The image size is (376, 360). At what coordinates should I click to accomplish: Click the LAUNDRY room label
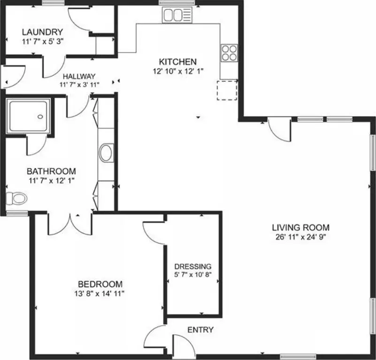click(x=42, y=32)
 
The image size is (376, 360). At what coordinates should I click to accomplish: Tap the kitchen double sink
click(x=177, y=15)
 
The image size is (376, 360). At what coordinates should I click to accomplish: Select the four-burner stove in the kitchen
click(x=229, y=53)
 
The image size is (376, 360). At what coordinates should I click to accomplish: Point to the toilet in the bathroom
click(x=16, y=199)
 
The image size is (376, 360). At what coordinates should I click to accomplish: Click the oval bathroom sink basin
click(x=106, y=153)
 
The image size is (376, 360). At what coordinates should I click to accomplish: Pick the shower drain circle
click(x=40, y=117)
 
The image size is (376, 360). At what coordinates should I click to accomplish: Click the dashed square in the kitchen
click(x=227, y=90)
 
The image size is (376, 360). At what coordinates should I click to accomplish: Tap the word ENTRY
click(x=200, y=330)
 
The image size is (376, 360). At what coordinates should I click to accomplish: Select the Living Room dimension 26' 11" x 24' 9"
click(x=301, y=237)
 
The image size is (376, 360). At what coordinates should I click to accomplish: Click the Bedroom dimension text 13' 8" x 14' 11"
click(x=99, y=293)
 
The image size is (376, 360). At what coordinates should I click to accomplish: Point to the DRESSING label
click(x=193, y=267)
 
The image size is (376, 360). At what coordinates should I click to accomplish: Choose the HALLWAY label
click(x=79, y=77)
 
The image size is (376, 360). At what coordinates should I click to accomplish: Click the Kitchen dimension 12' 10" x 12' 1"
click(x=178, y=71)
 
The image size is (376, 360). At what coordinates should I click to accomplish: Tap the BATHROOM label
click(x=51, y=171)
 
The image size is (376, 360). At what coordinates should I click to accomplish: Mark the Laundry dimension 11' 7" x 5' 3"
click(x=43, y=41)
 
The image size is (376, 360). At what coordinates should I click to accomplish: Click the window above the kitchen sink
click(x=177, y=3)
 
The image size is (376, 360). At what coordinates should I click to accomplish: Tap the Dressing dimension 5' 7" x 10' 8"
click(x=193, y=275)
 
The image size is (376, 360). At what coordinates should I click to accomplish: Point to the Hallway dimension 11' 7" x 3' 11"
click(x=79, y=84)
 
